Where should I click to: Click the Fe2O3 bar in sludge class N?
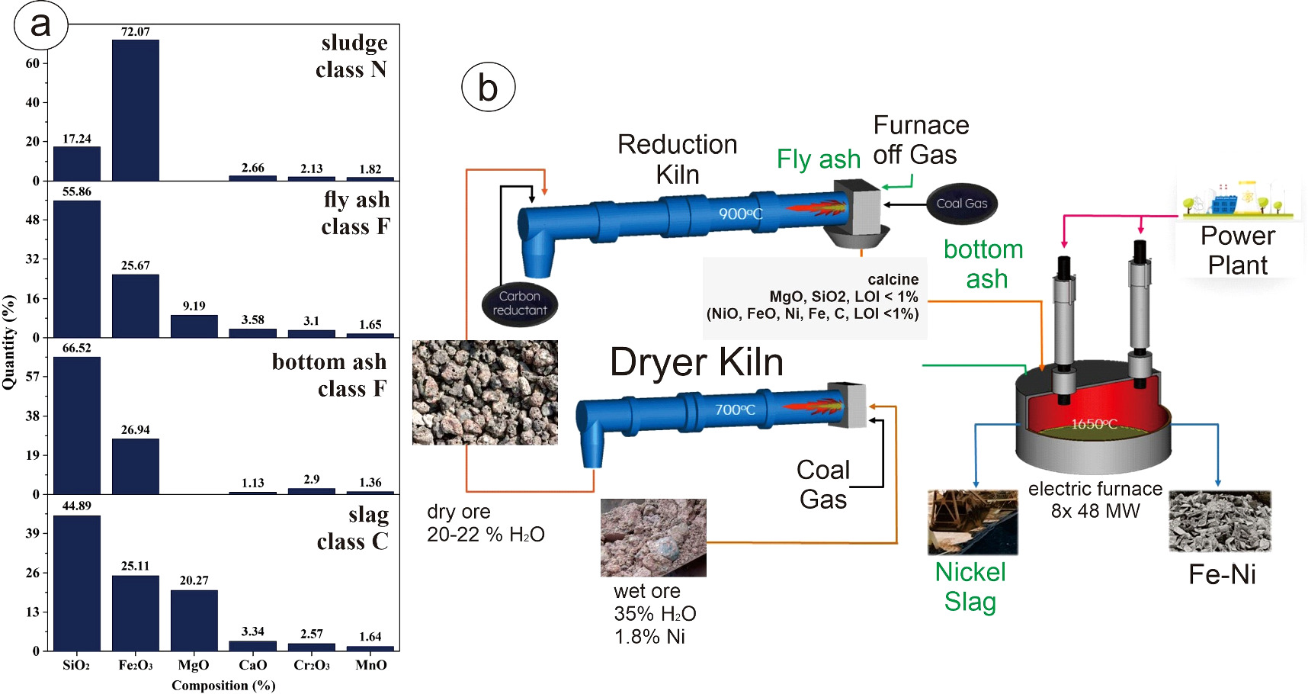pos(135,111)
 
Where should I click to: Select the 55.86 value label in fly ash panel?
pos(76,191)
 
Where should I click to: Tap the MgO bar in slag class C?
pos(194,620)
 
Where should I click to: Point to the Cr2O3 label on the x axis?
pos(311,665)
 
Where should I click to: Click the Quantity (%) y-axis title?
pos(9,342)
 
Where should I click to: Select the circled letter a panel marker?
pos(40,25)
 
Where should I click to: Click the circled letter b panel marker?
pos(488,88)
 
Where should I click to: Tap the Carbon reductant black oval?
pos(519,304)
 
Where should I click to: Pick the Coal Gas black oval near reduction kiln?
pos(961,204)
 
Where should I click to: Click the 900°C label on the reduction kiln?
pos(740,214)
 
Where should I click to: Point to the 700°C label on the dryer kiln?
pos(735,410)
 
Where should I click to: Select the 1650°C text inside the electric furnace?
pos(1094,424)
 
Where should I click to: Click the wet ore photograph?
pos(652,538)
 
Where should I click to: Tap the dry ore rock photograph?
pos(485,392)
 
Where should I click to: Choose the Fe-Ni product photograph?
pos(1220,522)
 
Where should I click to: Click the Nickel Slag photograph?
pos(972,522)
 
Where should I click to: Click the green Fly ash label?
pos(818,159)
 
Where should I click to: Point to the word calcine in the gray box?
pos(893,280)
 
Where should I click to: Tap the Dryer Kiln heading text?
pos(696,362)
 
